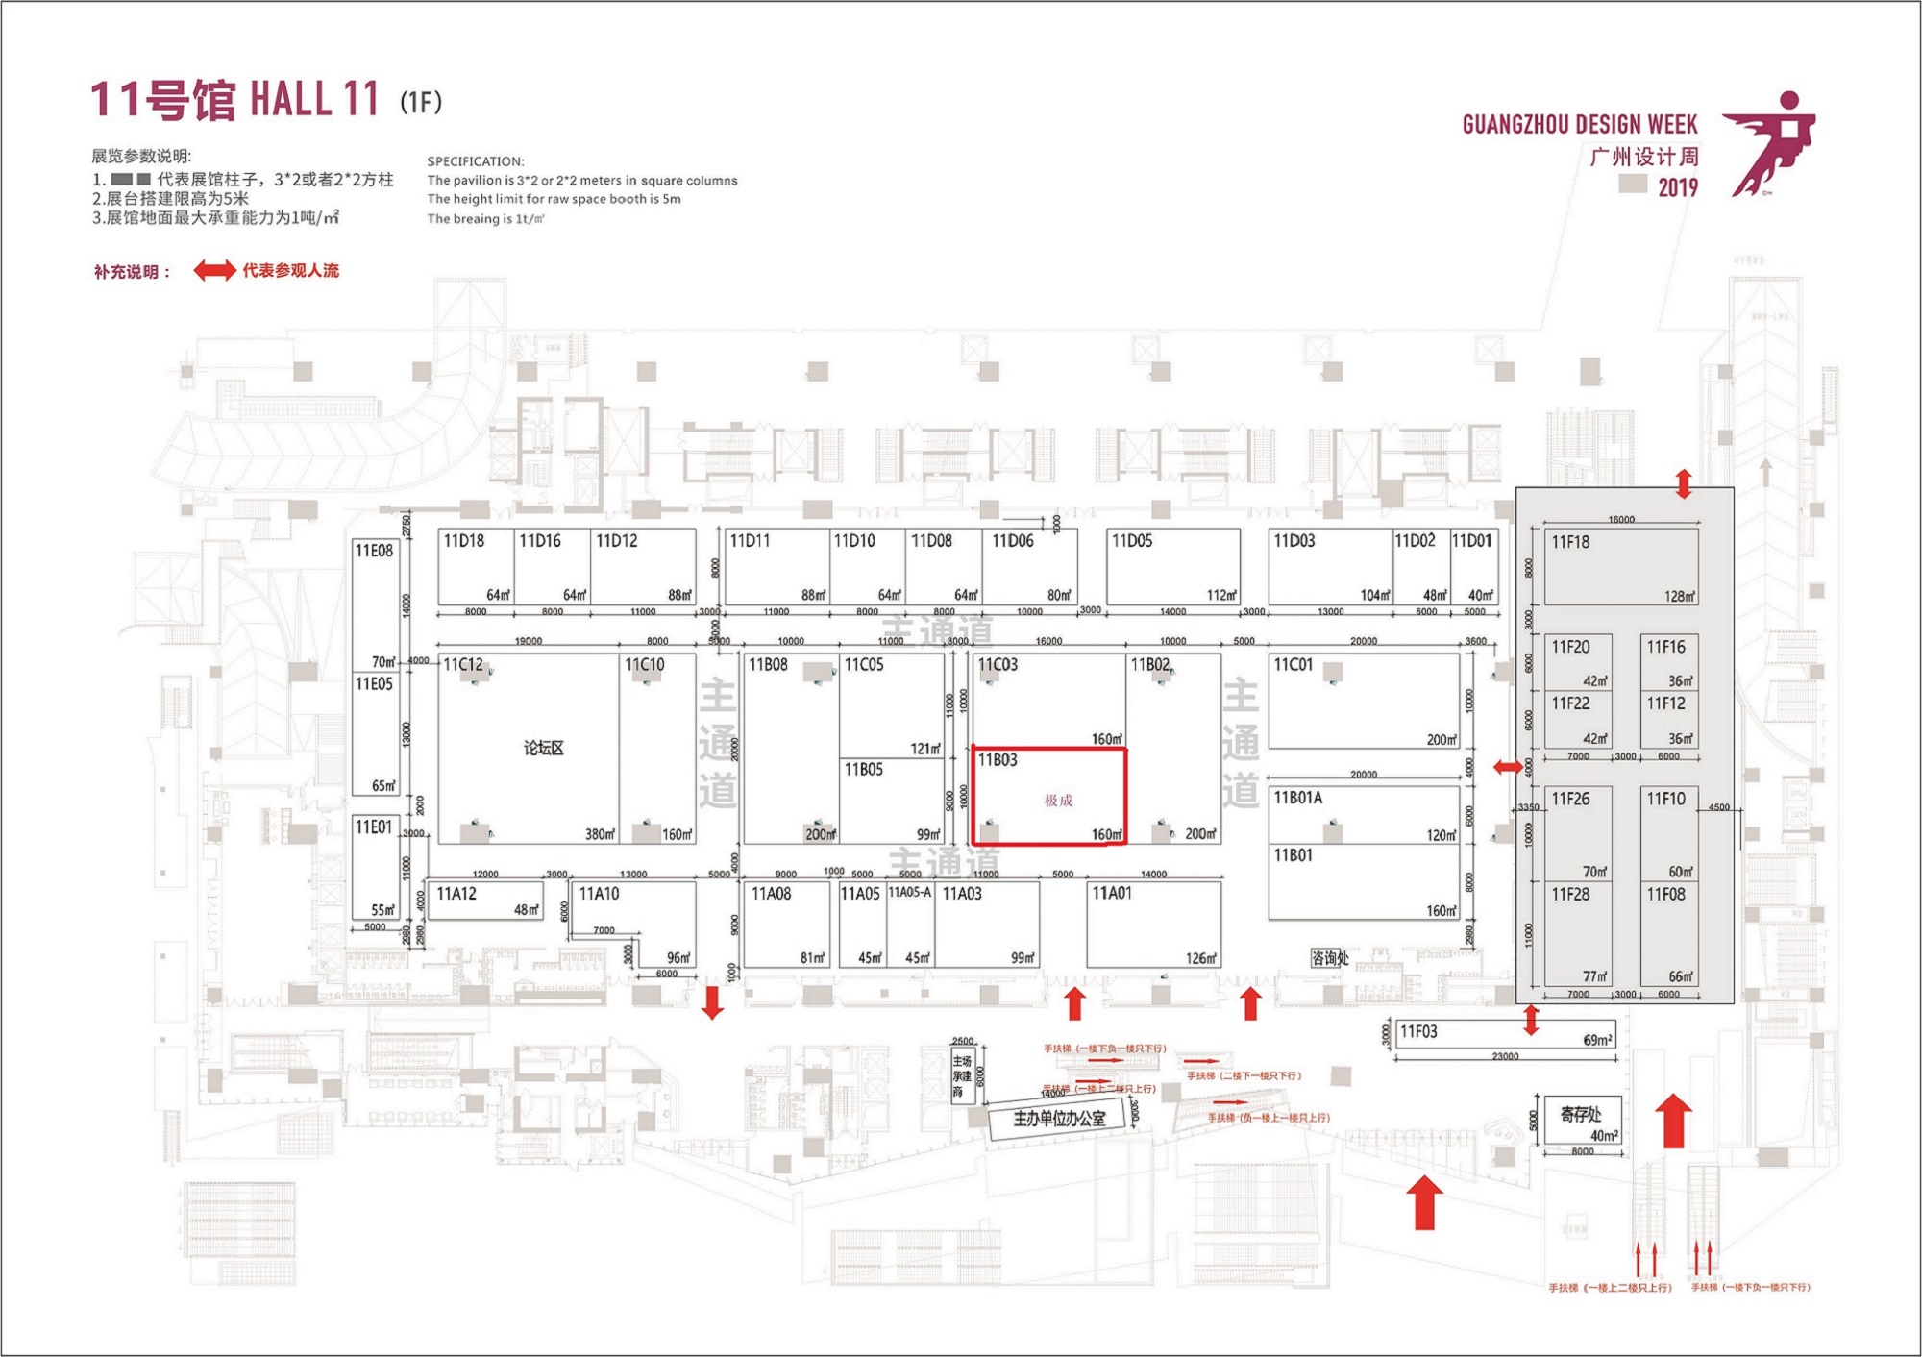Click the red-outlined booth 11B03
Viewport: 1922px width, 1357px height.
click(x=1048, y=797)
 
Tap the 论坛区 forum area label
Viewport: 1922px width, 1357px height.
click(x=543, y=749)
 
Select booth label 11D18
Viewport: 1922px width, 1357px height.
click(x=463, y=541)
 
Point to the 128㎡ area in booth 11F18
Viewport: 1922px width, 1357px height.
click(x=1679, y=597)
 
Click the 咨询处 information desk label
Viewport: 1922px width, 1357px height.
click(x=1330, y=957)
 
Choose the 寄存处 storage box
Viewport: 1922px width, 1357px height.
click(x=1582, y=1120)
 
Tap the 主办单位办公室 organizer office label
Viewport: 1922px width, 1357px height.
click(x=1059, y=1119)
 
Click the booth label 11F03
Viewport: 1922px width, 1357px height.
click(x=1418, y=1032)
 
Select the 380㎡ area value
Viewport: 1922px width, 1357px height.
click(x=600, y=834)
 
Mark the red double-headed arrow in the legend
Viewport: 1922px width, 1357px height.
click(x=214, y=271)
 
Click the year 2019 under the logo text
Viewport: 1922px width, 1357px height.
click(x=1677, y=187)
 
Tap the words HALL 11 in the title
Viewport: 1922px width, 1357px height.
click(x=314, y=100)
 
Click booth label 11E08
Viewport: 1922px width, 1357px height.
click(x=374, y=551)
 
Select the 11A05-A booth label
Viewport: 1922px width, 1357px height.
click(x=909, y=892)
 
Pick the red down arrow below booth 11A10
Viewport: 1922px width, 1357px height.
click(x=712, y=1001)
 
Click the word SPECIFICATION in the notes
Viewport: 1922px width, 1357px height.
click(x=476, y=161)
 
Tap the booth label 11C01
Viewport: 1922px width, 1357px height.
click(x=1293, y=664)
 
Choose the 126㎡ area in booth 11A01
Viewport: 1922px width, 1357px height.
click(x=1200, y=958)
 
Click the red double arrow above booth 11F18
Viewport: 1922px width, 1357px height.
click(x=1683, y=483)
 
